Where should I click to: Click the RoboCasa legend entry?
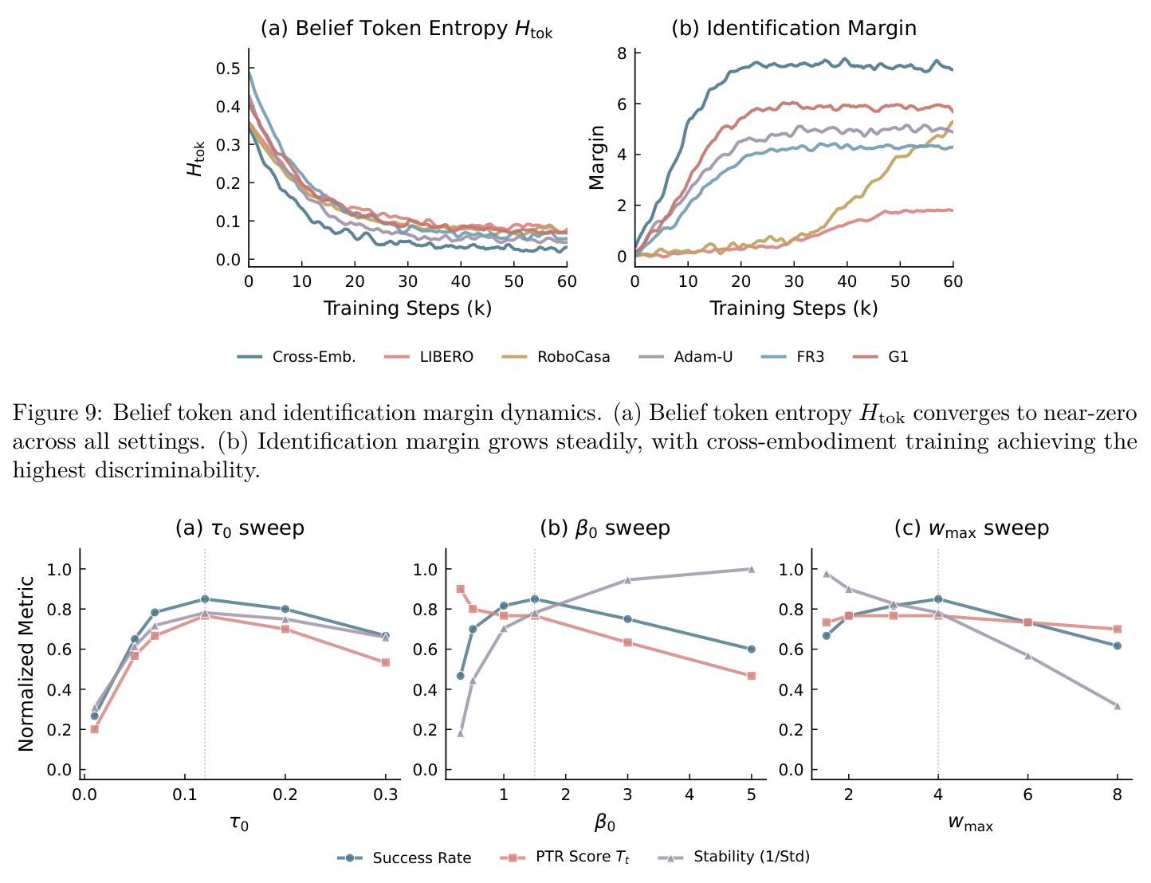pyautogui.click(x=556, y=356)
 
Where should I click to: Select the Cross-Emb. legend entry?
pyautogui.click(x=296, y=356)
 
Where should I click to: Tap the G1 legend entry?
pyautogui.click(x=880, y=356)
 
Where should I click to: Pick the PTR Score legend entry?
pyautogui.click(x=564, y=857)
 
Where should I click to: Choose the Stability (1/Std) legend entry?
pyautogui.click(x=733, y=857)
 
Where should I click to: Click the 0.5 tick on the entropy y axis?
pyautogui.click(x=228, y=69)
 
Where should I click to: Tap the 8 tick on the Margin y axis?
pyautogui.click(x=622, y=53)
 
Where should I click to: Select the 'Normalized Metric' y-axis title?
pyautogui.click(x=26, y=664)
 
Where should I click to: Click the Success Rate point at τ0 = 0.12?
pyautogui.click(x=205, y=598)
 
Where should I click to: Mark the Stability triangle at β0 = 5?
pyautogui.click(x=751, y=569)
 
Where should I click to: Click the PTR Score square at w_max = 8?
pyautogui.click(x=1117, y=629)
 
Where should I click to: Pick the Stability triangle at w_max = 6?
pyautogui.click(x=1027, y=656)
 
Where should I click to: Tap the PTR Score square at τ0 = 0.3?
pyautogui.click(x=386, y=662)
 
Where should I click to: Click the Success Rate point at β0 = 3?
pyautogui.click(x=627, y=619)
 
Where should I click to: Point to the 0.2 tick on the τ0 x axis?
pyautogui.click(x=285, y=795)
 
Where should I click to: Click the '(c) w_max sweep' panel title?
pyautogui.click(x=972, y=528)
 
